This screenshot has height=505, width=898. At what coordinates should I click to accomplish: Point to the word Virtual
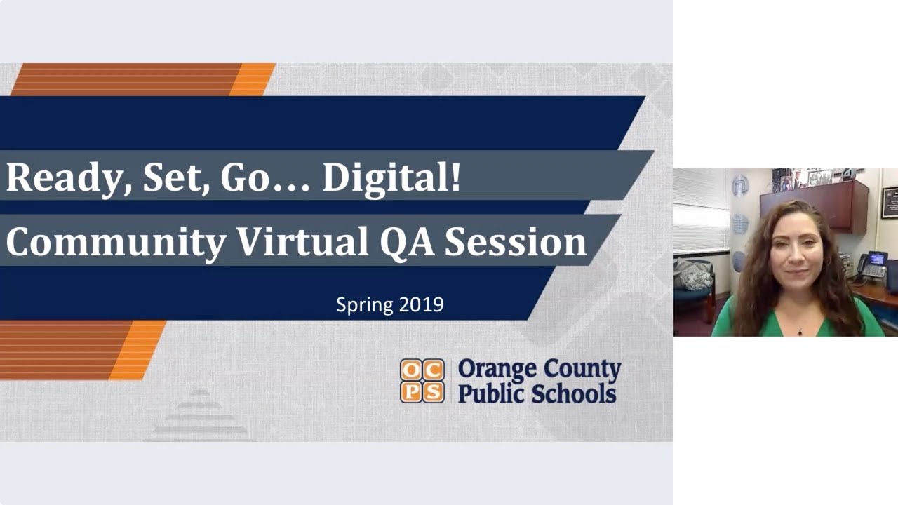(302, 243)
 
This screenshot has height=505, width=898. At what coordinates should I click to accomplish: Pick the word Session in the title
(516, 243)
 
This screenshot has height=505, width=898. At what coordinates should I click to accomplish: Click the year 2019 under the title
(421, 304)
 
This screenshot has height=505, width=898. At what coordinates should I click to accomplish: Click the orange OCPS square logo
(422, 381)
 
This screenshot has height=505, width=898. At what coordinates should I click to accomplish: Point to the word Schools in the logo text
(574, 393)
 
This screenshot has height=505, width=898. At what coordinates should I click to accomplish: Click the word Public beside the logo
(491, 393)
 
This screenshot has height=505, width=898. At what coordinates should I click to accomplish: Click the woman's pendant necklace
(799, 330)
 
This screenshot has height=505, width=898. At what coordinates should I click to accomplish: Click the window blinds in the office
(701, 210)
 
